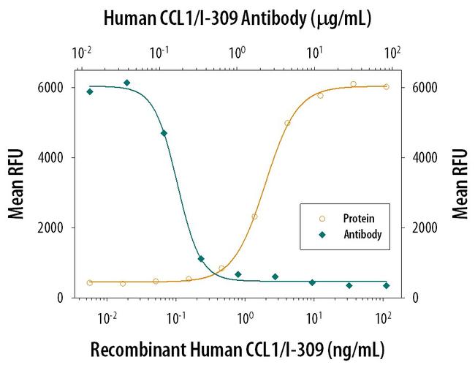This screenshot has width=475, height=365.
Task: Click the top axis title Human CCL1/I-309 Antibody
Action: [237, 16]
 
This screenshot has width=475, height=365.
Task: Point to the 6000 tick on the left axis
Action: [54, 88]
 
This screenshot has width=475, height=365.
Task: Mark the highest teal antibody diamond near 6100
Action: [127, 83]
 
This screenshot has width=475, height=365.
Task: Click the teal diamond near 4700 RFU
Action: [164, 133]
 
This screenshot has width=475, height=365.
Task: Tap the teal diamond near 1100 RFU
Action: [201, 259]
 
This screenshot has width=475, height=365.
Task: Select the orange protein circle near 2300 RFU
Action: [254, 217]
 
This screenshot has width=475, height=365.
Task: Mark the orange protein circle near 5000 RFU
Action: [287, 123]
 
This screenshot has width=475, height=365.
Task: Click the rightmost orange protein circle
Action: [386, 86]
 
